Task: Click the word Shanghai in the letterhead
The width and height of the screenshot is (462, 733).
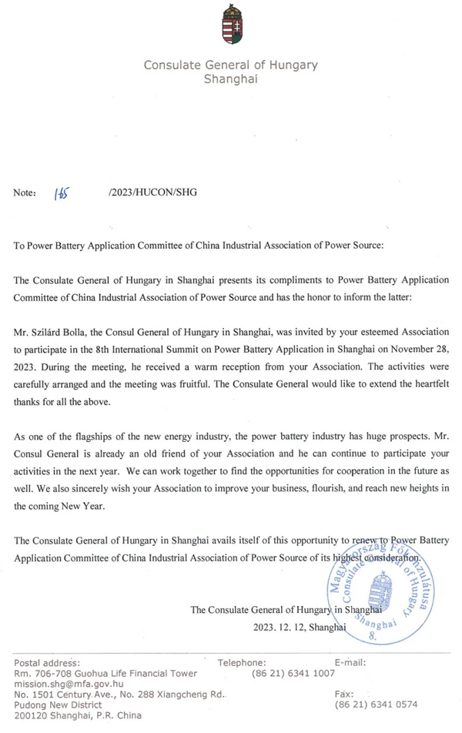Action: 230,79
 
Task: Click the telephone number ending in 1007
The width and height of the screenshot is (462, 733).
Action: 293,672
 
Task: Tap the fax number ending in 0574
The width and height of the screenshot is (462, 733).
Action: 376,705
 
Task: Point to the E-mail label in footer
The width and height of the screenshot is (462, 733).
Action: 350,662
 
